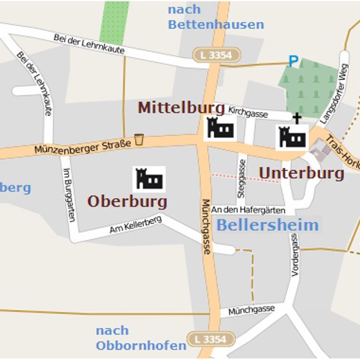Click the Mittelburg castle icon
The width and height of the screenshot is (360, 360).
(x=219, y=127)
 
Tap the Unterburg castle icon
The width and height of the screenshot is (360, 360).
(x=292, y=138)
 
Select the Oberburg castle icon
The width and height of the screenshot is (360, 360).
(x=149, y=179)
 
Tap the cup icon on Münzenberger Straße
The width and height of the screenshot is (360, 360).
(x=139, y=139)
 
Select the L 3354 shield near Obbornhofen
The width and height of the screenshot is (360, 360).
(x=211, y=339)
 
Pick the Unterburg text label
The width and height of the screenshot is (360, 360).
(x=301, y=173)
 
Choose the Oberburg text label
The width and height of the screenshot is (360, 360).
(x=127, y=201)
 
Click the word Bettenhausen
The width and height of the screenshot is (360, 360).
(x=215, y=25)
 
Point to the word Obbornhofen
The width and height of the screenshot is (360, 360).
(x=141, y=345)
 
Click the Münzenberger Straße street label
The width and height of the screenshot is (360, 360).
(x=81, y=147)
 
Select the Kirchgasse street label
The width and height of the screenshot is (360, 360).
(x=248, y=113)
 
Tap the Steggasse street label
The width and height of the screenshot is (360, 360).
(x=242, y=178)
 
